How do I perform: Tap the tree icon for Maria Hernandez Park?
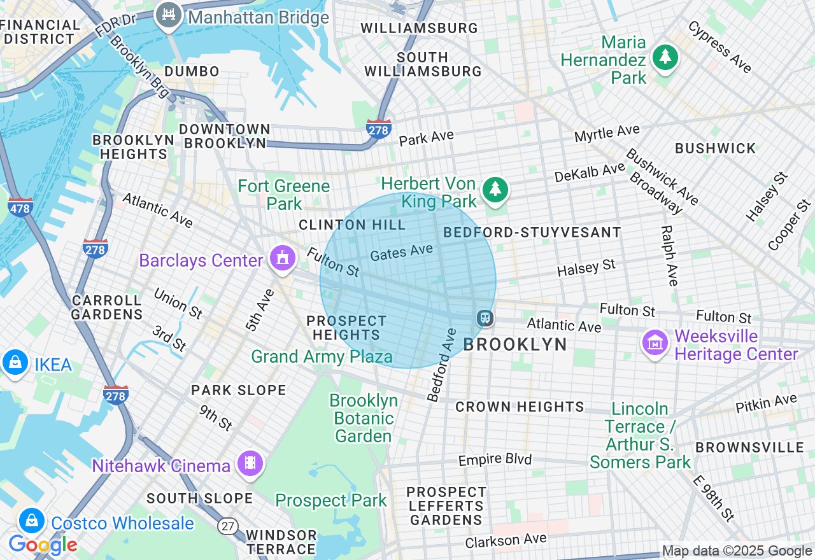pos(665,58)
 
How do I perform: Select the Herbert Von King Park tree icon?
pos(495,190)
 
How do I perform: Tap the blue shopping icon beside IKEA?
pos(14,363)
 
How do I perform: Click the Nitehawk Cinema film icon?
pos(250,463)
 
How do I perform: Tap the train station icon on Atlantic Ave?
pos(485,318)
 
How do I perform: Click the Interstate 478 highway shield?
pos(20,207)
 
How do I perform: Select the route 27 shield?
pos(228,526)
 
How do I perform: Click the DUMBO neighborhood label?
pos(192,71)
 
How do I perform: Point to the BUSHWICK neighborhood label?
pos(715,148)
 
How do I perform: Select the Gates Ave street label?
pos(401,253)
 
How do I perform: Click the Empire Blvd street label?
pos(495,459)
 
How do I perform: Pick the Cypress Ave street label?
pos(719,47)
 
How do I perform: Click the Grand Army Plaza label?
pos(322,356)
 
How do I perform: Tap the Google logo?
pos(43,545)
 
